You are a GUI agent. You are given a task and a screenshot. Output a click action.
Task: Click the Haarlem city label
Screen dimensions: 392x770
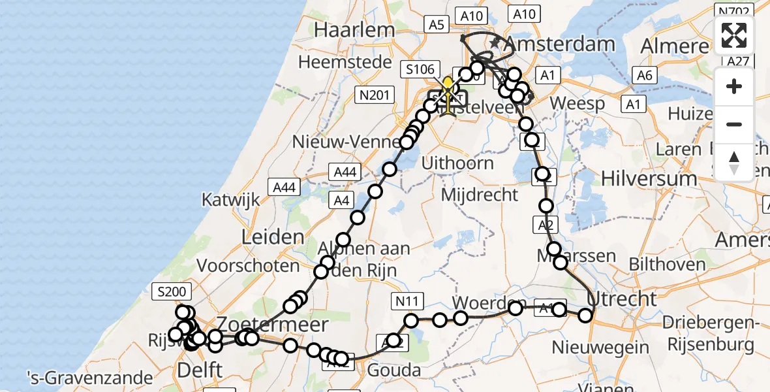click(355, 30)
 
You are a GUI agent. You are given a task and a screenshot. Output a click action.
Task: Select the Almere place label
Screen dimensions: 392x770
click(674, 46)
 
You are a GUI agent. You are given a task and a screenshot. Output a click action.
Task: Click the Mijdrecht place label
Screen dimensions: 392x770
click(480, 194)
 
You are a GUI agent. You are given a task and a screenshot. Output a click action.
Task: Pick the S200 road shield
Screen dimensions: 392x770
click(171, 291)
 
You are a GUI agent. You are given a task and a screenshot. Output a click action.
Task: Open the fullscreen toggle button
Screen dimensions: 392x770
click(734, 36)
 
